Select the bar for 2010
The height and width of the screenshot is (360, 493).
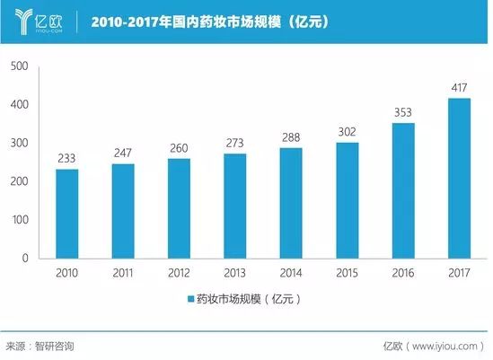67,214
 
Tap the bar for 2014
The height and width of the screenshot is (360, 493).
291,203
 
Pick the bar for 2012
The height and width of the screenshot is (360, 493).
179,208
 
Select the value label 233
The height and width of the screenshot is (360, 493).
67,159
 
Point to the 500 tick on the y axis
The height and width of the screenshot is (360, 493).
20,66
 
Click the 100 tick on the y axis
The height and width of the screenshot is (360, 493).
20,220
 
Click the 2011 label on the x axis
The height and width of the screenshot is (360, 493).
123,272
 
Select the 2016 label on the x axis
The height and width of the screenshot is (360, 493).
403,272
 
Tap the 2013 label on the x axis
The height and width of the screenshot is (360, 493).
235,272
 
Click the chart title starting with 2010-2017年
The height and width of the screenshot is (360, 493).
213,21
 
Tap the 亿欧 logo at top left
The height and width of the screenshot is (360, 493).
32,21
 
